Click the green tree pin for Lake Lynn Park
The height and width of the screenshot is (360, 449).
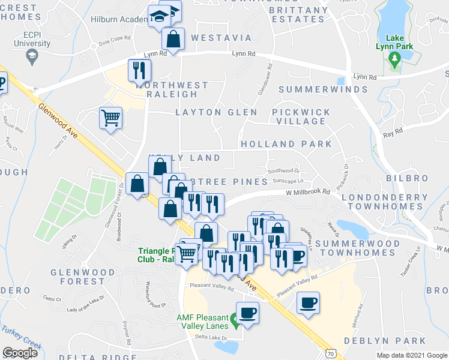pyautogui.click(x=394, y=59)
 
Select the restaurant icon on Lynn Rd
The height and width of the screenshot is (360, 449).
pyautogui.click(x=138, y=70)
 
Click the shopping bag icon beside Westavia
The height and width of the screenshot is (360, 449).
pyautogui.click(x=173, y=40)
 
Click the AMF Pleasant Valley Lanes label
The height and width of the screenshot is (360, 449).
pyautogui.click(x=202, y=322)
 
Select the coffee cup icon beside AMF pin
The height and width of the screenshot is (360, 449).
pyautogui.click(x=247, y=312)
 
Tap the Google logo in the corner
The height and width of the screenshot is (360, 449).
pyautogui.click(x=20, y=352)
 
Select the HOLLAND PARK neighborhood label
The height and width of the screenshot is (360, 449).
pyautogui.click(x=286, y=145)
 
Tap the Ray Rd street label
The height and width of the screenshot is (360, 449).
pyautogui.click(x=391, y=136)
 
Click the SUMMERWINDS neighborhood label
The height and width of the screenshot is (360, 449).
pyautogui.click(x=322, y=89)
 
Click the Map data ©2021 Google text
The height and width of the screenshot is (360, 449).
pyautogui.click(x=411, y=355)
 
